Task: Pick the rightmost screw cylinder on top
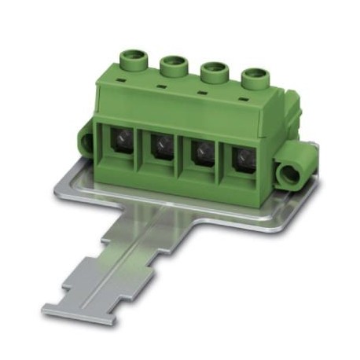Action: coord(253,79)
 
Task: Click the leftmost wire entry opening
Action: coord(118,141)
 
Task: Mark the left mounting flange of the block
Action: coord(86,140)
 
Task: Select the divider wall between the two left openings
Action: coord(141,149)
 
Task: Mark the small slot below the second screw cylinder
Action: coord(160,87)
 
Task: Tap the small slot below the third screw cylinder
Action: coord(200,94)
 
